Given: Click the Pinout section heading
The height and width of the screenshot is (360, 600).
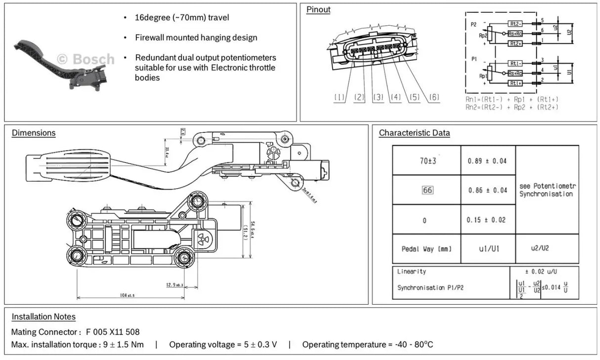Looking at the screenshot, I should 318,9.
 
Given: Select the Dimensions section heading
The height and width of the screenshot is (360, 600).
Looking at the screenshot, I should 34,133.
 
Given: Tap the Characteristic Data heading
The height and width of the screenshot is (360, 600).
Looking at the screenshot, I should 414,133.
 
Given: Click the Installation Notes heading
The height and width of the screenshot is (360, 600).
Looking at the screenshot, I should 43,317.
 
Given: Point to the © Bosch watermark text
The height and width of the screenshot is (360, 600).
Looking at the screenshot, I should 86,59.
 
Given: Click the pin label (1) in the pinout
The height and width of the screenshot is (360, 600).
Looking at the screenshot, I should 339,98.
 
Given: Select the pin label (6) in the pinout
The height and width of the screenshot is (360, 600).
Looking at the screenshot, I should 434,98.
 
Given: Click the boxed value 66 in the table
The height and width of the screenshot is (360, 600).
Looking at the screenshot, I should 427,190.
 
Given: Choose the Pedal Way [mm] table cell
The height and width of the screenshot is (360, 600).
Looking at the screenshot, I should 427,249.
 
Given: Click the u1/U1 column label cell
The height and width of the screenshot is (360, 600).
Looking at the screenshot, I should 488,249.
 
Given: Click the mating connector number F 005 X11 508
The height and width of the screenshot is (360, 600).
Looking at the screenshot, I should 113,332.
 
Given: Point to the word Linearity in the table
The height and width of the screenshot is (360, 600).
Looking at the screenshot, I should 411,272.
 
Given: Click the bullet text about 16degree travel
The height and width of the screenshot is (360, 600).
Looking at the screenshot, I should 182,18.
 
